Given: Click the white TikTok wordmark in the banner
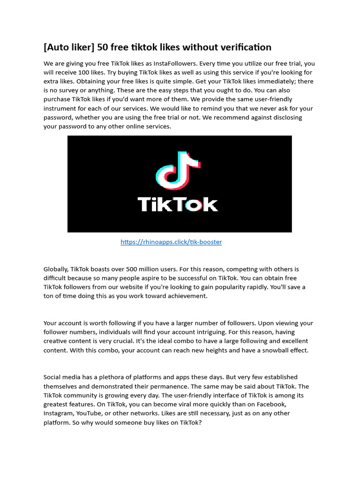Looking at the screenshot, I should [178, 204].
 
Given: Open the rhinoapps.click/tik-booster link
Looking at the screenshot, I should [171, 242].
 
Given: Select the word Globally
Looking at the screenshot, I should [56, 269].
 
